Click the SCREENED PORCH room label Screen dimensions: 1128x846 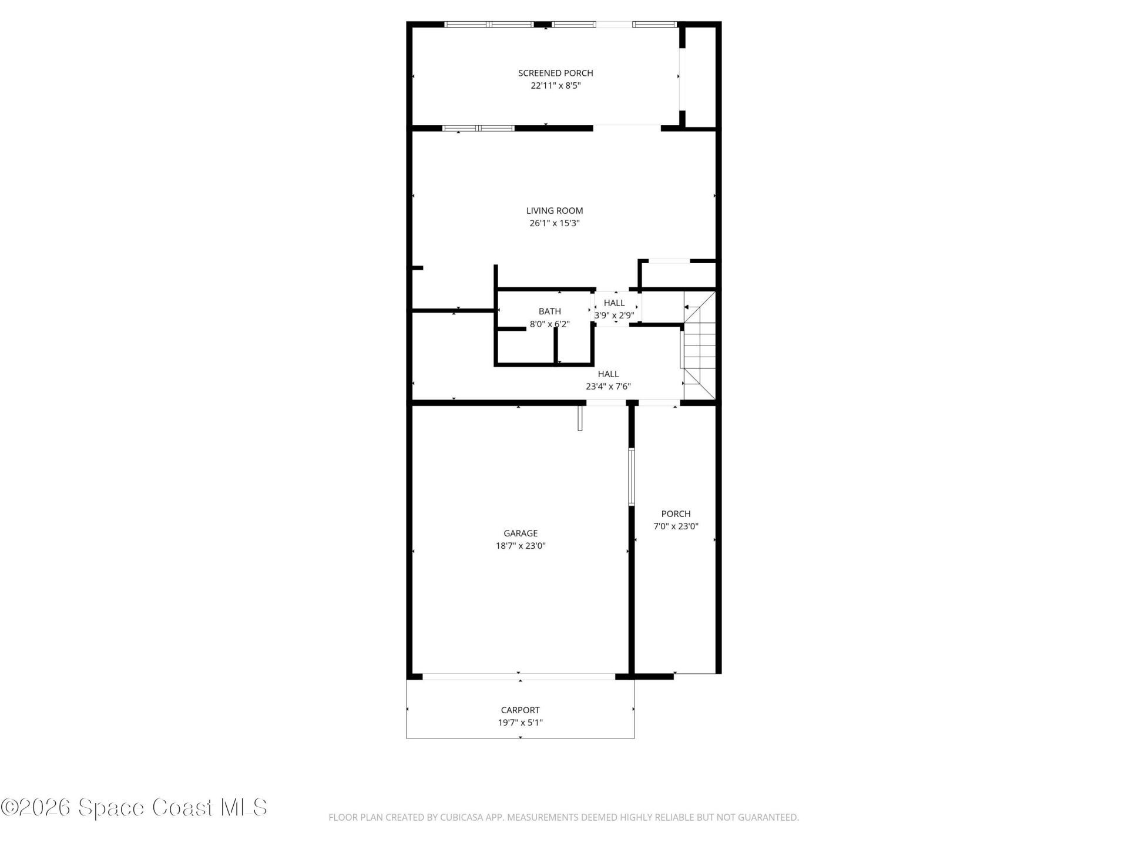pyautogui.click(x=555, y=73)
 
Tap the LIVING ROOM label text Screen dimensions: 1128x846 pyautogui.click(x=555, y=210)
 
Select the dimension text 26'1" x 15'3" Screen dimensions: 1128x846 pyautogui.click(x=555, y=223)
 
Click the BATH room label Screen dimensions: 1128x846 pyautogui.click(x=550, y=311)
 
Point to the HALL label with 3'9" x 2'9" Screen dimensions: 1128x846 pyautogui.click(x=615, y=303)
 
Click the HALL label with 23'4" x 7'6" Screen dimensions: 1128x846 pyautogui.click(x=609, y=374)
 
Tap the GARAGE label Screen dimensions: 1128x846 pyautogui.click(x=521, y=533)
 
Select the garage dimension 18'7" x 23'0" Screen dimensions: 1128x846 pyautogui.click(x=521, y=546)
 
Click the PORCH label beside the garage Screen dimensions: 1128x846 pyautogui.click(x=676, y=513)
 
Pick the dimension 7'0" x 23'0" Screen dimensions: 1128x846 pyautogui.click(x=676, y=526)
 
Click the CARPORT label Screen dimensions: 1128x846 pyautogui.click(x=521, y=710)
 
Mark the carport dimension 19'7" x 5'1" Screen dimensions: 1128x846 pyautogui.click(x=521, y=723)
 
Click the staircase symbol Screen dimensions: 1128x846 pyautogui.click(x=699, y=347)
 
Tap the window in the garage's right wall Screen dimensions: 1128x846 pyautogui.click(x=632, y=477)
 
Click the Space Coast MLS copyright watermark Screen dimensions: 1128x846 pyautogui.click(x=134, y=807)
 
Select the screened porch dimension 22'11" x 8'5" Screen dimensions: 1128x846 pyautogui.click(x=555, y=86)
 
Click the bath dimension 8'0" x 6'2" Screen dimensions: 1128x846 pyautogui.click(x=550, y=324)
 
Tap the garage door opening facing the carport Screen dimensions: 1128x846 pyautogui.click(x=519, y=677)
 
